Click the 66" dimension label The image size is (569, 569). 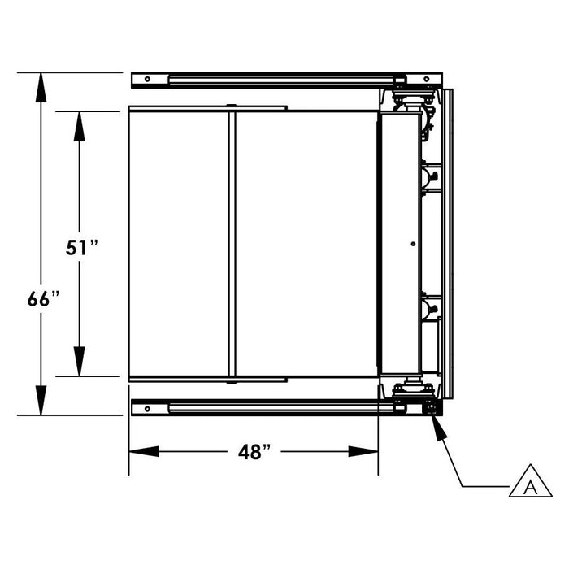coord(43,299)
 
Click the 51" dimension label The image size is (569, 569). coord(81,248)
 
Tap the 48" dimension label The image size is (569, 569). coord(254,452)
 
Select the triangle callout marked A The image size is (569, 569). coord(531,481)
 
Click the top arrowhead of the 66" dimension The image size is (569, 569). coord(41,88)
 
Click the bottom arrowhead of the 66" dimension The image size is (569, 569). coord(41,400)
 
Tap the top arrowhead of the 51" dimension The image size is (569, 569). coord(79,126)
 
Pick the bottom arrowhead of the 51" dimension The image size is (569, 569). coord(79,362)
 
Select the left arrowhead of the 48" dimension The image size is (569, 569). coord(144,451)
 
